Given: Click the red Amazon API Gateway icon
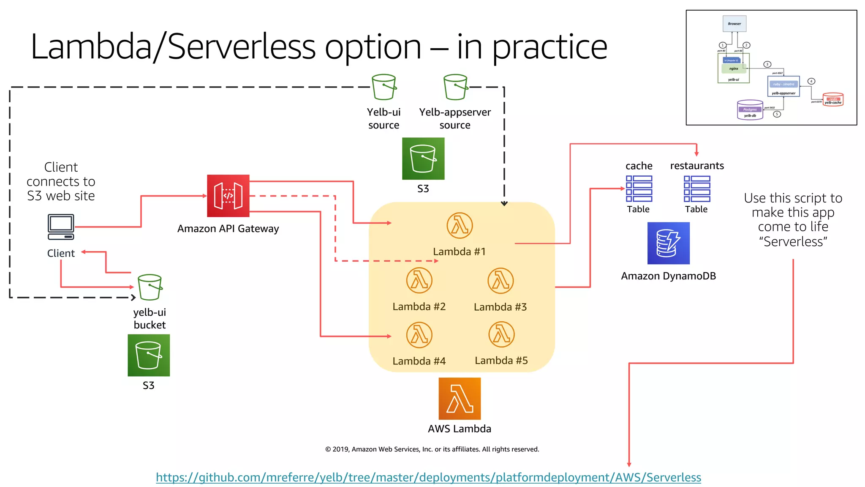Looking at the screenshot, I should point(228,196).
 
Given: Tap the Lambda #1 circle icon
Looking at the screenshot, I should point(460,225).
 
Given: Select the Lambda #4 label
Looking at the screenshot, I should point(419,361).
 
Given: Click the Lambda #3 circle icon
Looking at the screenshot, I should point(501,281).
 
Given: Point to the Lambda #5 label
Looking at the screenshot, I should point(501,361).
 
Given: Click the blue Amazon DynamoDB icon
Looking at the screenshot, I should point(668,243).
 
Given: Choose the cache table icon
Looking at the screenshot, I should point(639,189).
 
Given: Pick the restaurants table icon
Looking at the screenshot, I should point(697,189).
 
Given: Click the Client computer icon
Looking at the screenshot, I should point(61,227).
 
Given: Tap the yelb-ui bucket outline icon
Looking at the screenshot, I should point(150,287).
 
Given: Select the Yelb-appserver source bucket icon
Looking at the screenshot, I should point(456,87).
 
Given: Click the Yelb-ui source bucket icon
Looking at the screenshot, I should point(384,87).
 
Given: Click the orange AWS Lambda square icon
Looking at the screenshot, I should point(460,399).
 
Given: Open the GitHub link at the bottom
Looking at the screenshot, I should point(428,477).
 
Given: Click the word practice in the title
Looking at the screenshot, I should point(549,47).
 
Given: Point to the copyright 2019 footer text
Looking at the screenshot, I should point(432,449).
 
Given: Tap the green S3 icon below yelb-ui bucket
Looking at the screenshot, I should point(149,355).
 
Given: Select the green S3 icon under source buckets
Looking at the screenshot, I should point(423,159).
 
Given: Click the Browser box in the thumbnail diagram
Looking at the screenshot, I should point(734,24).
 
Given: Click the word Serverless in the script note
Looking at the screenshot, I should point(793,242).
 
